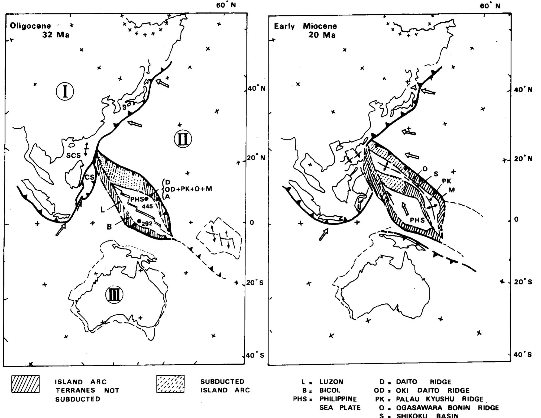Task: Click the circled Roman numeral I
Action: click(x=65, y=92)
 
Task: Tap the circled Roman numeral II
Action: click(x=183, y=139)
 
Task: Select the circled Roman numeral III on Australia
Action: click(x=114, y=295)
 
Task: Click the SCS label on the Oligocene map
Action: click(x=73, y=155)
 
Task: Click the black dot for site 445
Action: click(x=147, y=199)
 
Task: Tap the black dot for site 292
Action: click(x=139, y=221)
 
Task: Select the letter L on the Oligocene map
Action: click(x=102, y=210)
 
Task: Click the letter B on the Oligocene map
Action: click(x=109, y=227)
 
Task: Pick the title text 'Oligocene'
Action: click(x=30, y=26)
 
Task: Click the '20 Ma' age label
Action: click(x=322, y=35)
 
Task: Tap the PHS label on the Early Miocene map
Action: click(x=417, y=220)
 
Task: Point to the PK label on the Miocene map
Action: click(x=447, y=181)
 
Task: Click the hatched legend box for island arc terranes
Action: click(x=25, y=384)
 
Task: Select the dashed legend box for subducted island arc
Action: click(x=170, y=384)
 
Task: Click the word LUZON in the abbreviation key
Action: click(x=331, y=382)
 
